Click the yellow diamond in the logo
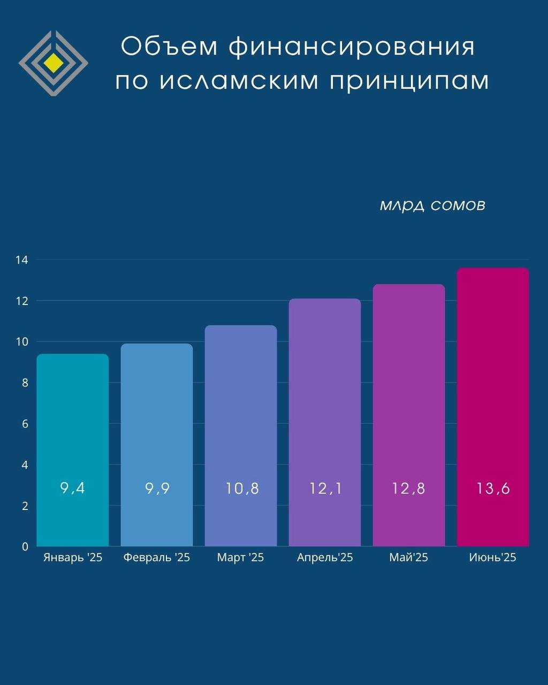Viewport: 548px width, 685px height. click(x=54, y=63)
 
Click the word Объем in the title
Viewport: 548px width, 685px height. click(x=169, y=47)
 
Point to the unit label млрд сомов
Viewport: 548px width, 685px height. click(x=432, y=205)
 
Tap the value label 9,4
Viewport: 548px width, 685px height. click(x=72, y=488)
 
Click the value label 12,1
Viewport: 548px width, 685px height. click(x=325, y=488)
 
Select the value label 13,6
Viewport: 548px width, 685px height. click(x=493, y=488)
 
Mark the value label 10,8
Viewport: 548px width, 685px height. click(x=242, y=488)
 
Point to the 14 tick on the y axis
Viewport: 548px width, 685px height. click(x=22, y=260)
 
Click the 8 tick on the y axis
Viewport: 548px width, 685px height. click(x=25, y=383)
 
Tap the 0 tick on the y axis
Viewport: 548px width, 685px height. click(x=25, y=546)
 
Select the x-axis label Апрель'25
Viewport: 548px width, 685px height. click(x=325, y=558)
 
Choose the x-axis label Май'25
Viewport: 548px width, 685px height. click(x=408, y=558)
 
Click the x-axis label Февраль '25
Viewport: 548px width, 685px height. click(x=156, y=558)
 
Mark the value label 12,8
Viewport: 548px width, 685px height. click(x=408, y=488)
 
